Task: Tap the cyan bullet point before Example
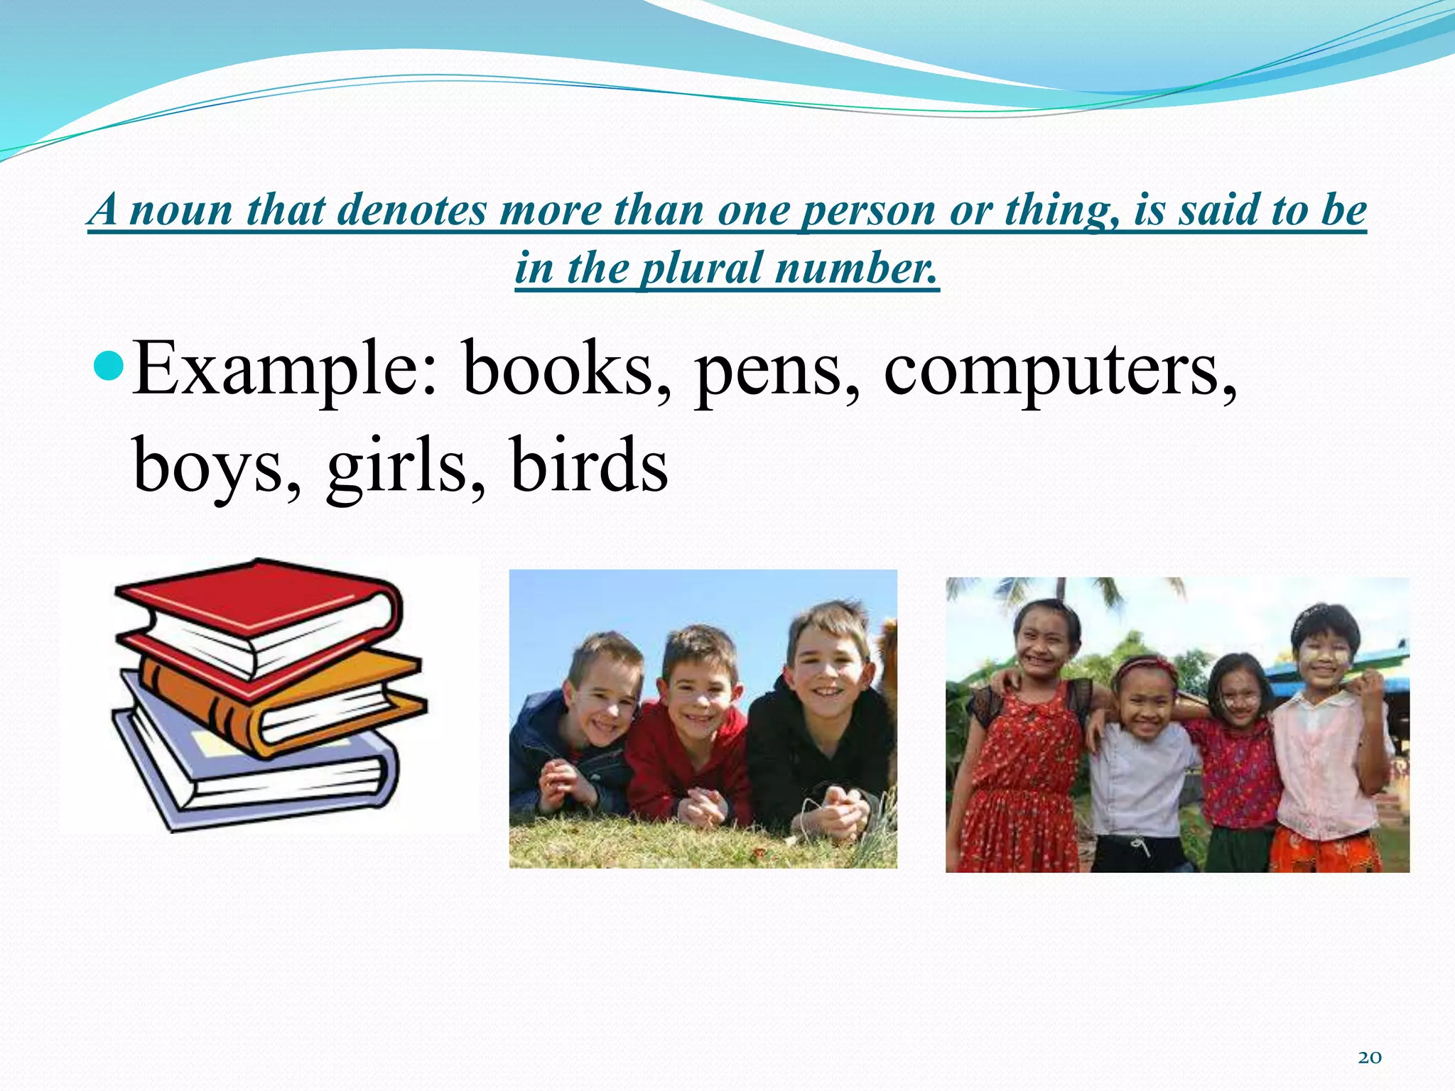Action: pyautogui.click(x=109, y=367)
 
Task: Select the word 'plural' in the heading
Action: pyautogui.click(x=701, y=268)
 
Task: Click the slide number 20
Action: pyautogui.click(x=1369, y=1058)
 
